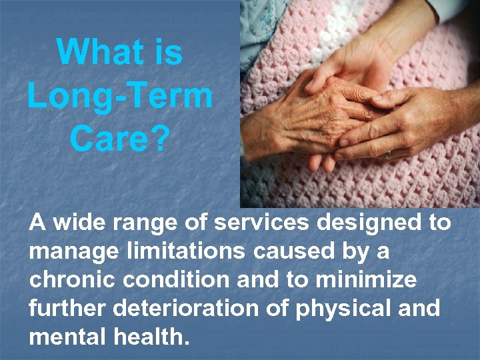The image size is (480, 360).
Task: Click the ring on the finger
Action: pyautogui.click(x=388, y=154)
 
